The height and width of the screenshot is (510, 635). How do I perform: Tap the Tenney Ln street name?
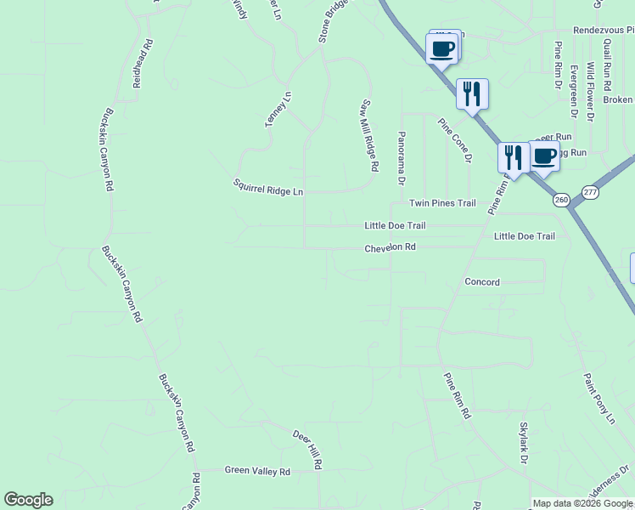point(278,110)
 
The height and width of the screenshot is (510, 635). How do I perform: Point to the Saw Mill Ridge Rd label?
point(368,135)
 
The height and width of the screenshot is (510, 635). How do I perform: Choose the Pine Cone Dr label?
point(455,140)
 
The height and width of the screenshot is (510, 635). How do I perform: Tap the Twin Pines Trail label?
point(442,203)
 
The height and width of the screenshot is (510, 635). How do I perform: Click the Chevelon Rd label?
point(391,247)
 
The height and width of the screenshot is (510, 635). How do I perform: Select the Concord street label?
point(482,281)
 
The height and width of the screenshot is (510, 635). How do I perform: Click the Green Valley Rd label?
point(257,470)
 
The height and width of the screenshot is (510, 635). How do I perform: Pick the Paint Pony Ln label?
point(598,398)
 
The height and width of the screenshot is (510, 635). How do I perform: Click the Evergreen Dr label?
point(575,90)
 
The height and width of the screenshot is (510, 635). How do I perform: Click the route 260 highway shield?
point(561,200)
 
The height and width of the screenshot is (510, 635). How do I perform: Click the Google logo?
point(28,500)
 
